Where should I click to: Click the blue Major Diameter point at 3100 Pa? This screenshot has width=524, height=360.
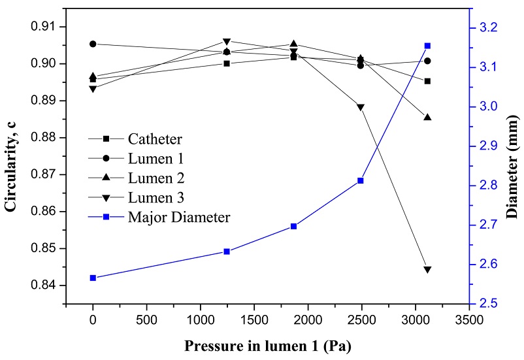(427, 46)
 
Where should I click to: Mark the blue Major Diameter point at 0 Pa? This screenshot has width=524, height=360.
(93, 278)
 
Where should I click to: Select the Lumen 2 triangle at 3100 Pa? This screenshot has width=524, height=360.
(427, 117)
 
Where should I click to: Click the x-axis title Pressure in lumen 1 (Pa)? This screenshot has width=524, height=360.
(268, 344)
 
